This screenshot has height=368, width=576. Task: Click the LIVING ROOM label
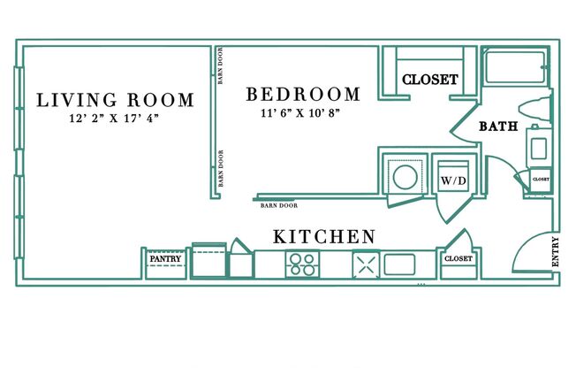114,99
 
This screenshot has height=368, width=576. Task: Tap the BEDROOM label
303,94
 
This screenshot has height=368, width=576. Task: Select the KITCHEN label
323,237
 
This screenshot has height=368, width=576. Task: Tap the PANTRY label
165,259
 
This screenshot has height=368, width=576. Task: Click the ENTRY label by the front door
556,251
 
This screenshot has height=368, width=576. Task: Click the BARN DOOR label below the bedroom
278,206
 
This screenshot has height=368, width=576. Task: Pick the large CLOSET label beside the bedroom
430,80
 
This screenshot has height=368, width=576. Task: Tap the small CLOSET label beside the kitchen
459,259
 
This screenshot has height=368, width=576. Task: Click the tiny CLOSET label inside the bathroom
541,179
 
